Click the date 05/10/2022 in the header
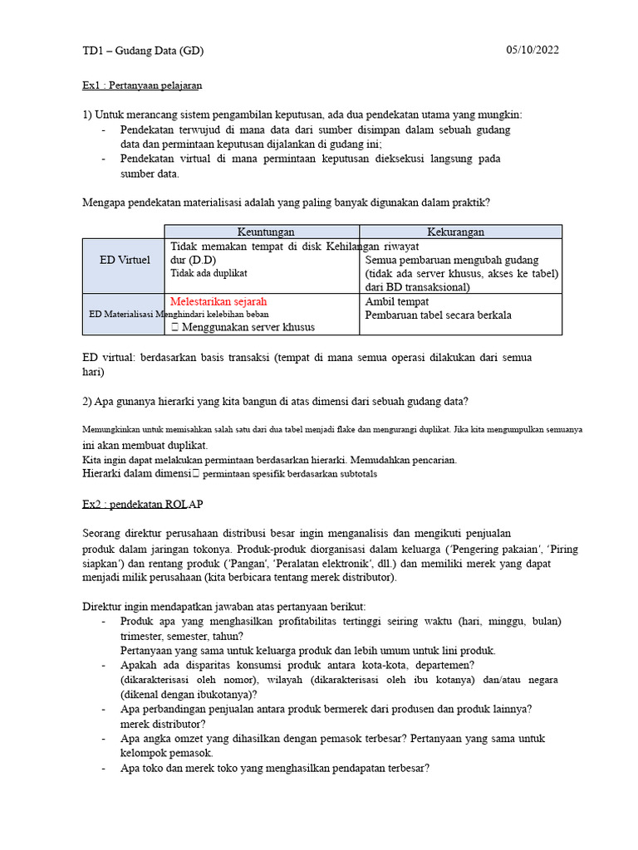click(532, 50)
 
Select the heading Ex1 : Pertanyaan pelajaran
click(142, 85)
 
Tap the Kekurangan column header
click(455, 232)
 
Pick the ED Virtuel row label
click(124, 260)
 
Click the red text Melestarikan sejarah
click(218, 301)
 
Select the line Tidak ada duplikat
click(209, 272)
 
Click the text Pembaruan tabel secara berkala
click(439, 315)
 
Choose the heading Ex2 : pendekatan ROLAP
click(142, 504)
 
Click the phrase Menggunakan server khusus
click(248, 327)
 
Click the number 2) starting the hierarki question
click(89, 402)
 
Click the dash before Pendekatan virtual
click(103, 159)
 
